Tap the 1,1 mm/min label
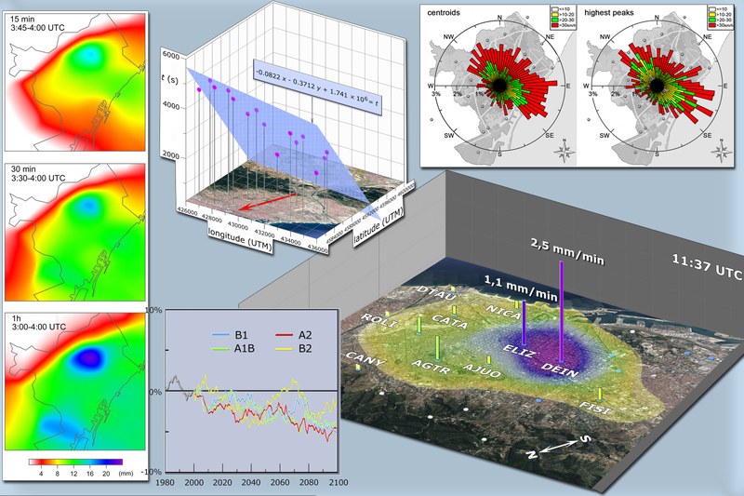coord(520,278)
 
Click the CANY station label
coord(361,357)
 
